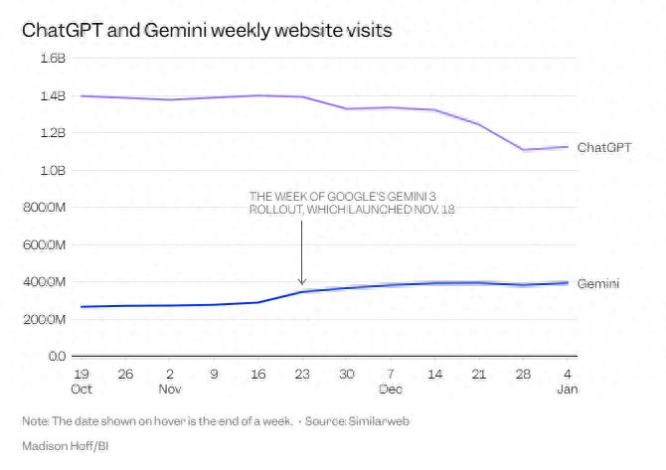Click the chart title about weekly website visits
(x=207, y=31)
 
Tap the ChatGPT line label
(x=603, y=148)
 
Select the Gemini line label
(x=598, y=284)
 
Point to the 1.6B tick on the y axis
(x=52, y=59)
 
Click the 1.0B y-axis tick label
(x=52, y=170)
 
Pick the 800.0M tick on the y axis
(x=44, y=208)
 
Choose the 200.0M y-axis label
(x=44, y=319)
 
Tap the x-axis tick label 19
(x=82, y=375)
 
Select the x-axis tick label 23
(x=302, y=375)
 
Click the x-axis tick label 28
(x=523, y=375)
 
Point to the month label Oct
(x=82, y=390)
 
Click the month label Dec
(x=391, y=390)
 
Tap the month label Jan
(x=567, y=390)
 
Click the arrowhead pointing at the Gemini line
(x=302, y=282)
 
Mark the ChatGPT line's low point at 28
(x=523, y=150)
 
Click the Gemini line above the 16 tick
(x=257, y=302)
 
